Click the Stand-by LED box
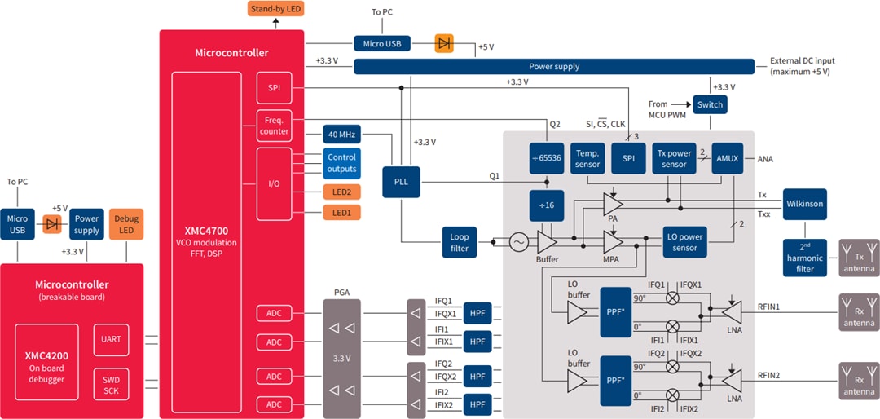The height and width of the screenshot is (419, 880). tap(275, 9)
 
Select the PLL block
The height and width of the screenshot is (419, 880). tap(401, 181)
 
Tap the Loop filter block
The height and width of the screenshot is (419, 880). tap(460, 242)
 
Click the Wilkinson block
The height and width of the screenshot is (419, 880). tap(804, 203)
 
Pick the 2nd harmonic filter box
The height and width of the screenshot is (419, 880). tap(804, 257)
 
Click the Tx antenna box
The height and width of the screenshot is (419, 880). tap(859, 257)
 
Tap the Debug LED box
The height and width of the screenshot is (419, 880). tap(126, 224)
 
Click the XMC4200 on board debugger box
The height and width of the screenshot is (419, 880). tap(47, 362)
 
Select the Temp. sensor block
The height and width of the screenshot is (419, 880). tap(587, 158)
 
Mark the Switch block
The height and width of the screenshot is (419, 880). tap(709, 105)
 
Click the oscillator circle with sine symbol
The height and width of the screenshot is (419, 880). tap(518, 242)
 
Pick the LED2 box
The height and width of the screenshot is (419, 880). tap(341, 192)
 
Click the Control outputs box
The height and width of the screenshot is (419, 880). tap(341, 163)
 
